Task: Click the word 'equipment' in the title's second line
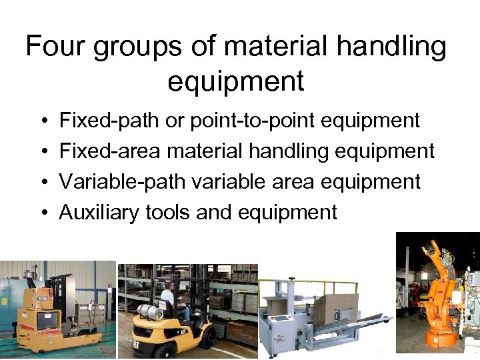coord(236,81)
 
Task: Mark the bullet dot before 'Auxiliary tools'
coord(42,213)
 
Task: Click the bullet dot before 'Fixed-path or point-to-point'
coord(42,121)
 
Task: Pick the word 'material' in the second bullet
coord(205,151)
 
